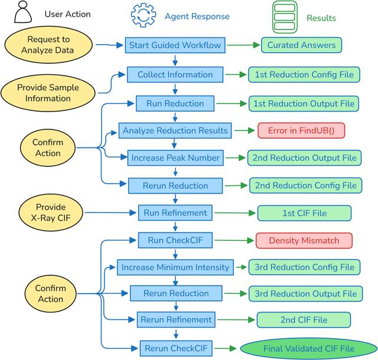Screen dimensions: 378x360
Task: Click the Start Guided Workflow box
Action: (x=175, y=45)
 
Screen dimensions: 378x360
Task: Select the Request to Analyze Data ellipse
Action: (x=48, y=45)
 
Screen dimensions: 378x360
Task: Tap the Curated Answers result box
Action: (x=301, y=45)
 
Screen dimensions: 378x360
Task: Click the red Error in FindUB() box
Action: (x=301, y=130)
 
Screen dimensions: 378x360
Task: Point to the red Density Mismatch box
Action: (x=304, y=240)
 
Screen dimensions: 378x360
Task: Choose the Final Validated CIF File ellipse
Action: (x=309, y=348)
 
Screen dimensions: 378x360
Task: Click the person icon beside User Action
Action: (x=23, y=12)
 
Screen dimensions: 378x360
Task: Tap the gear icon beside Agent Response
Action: (x=144, y=15)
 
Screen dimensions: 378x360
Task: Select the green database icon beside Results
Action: (x=285, y=17)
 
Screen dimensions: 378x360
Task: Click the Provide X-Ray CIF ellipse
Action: (x=51, y=212)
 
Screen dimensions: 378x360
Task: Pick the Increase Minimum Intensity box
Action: (x=175, y=267)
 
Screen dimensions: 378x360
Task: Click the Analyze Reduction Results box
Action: (x=175, y=130)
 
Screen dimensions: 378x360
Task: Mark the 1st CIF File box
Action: (x=305, y=213)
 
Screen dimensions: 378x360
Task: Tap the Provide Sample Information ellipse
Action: (x=48, y=93)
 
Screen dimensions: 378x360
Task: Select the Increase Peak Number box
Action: (x=175, y=158)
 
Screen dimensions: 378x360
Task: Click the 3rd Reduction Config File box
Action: (x=305, y=267)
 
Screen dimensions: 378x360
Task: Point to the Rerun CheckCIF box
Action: (x=176, y=348)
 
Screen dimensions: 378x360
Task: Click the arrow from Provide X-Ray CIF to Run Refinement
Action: (x=110, y=212)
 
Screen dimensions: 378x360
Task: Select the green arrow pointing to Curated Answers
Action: (x=243, y=45)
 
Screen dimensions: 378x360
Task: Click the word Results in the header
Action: (x=321, y=18)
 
